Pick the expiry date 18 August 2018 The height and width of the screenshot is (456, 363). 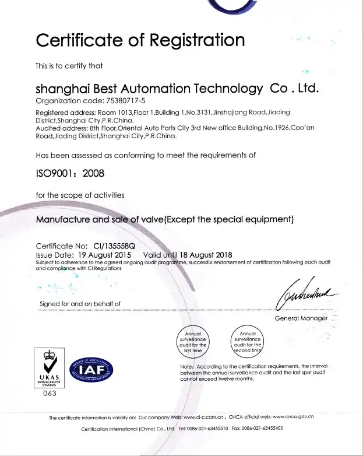pyautogui.click(x=207, y=254)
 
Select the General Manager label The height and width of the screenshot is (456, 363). pyautogui.click(x=301, y=318)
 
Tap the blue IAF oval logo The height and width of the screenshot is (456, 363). pyautogui.click(x=91, y=370)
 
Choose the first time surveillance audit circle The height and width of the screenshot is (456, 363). pyautogui.click(x=192, y=342)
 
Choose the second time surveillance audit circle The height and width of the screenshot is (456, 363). pyautogui.click(x=248, y=342)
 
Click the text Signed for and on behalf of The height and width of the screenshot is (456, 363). pyautogui.click(x=80, y=303)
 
